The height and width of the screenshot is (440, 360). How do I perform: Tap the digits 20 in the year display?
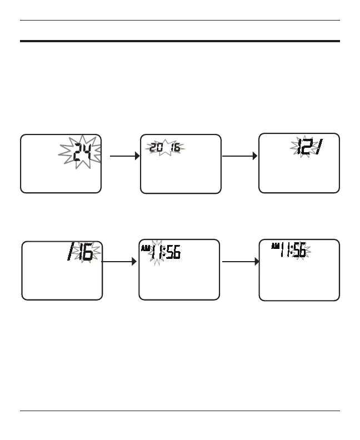[156, 148]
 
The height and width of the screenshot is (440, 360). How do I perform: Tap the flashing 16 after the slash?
[85, 254]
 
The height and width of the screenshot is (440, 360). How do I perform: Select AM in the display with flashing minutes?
[275, 246]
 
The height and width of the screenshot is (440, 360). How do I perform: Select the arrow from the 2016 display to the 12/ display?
[239, 157]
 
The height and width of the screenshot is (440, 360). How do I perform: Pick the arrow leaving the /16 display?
[119, 261]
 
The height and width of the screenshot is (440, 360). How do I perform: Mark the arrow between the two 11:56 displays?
[240, 261]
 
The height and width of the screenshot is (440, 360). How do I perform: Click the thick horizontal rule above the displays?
[179, 41]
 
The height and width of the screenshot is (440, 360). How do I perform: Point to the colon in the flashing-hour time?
[165, 254]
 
